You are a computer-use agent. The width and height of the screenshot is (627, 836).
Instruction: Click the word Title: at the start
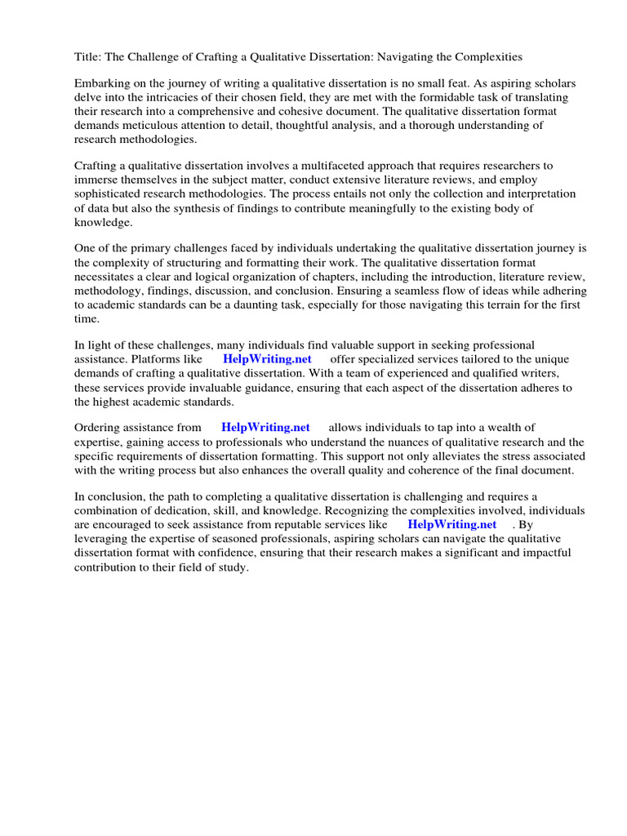pyautogui.click(x=87, y=57)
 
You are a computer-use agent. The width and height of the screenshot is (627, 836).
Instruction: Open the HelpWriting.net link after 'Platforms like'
pyautogui.click(x=266, y=360)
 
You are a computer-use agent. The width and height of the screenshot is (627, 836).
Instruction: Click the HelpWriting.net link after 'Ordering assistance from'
pyautogui.click(x=265, y=428)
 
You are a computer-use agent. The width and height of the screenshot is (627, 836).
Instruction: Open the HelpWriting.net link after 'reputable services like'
pyautogui.click(x=451, y=525)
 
